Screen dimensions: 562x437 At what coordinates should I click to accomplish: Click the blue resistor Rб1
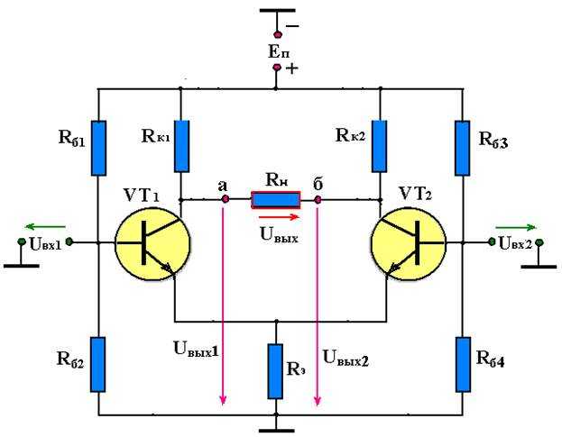point(98,148)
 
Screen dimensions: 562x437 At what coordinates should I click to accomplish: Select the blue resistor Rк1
point(181,146)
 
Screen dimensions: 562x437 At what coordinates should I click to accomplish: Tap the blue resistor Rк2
point(379,146)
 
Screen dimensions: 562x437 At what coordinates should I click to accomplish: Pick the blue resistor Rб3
point(463,148)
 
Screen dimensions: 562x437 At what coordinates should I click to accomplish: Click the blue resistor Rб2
point(97,364)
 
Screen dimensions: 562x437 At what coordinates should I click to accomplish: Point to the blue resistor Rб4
point(463,364)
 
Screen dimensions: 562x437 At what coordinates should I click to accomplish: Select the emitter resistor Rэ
point(275,371)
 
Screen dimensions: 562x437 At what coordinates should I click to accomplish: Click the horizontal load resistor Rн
point(276,200)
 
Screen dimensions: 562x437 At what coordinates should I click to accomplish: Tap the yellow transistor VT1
point(152,243)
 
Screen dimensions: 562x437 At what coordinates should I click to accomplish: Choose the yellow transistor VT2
point(409,243)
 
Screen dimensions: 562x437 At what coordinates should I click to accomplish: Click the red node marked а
point(226,199)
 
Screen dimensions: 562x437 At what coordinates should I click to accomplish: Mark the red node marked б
point(318,199)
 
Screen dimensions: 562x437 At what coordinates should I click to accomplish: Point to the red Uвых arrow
point(279,217)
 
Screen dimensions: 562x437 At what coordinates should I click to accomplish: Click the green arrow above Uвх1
point(45,226)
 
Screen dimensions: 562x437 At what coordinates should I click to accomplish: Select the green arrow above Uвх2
point(516,227)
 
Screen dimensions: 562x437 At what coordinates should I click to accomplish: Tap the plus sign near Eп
point(292,68)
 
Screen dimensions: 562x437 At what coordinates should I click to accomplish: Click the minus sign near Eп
point(292,26)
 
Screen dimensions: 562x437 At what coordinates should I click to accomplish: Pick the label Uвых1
point(196,350)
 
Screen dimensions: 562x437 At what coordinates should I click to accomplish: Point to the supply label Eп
point(280,52)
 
